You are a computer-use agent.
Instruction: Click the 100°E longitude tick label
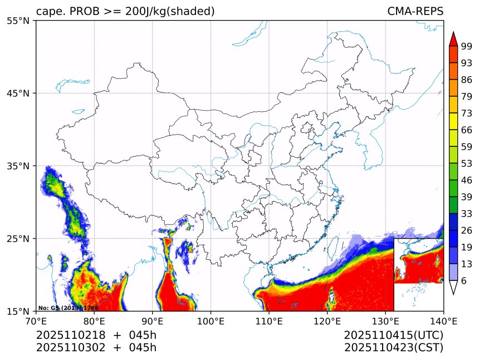pos(211,320)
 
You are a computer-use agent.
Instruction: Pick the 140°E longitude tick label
pos(443,320)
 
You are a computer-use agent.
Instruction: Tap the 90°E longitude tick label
pos(153,320)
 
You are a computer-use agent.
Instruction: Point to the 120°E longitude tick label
pos(327,320)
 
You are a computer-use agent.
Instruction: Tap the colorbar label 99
pos(466,46)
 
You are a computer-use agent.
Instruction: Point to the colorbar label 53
pos(466,164)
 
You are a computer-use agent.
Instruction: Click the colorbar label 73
pos(466,113)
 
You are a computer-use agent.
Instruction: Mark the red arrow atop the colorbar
pos(453,39)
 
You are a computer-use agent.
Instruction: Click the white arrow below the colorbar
pos(453,287)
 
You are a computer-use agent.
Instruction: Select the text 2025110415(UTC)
pos(393,335)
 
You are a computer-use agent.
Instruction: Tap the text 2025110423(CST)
pos(393,348)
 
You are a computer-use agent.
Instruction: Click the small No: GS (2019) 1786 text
pos(68,308)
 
